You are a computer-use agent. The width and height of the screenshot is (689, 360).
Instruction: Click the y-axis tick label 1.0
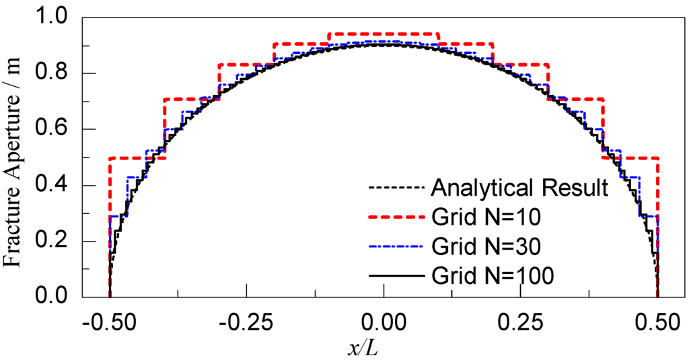(x=58, y=18)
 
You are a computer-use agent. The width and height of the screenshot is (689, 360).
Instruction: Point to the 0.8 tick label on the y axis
(x=58, y=73)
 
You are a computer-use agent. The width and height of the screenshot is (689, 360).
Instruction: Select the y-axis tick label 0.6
(x=58, y=129)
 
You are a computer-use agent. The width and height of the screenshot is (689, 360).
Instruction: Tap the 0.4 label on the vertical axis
(x=58, y=185)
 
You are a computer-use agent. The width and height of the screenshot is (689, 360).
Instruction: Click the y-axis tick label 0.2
(x=58, y=241)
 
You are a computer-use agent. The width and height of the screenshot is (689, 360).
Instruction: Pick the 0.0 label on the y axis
(x=58, y=297)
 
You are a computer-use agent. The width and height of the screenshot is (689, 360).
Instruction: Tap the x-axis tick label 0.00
(x=384, y=323)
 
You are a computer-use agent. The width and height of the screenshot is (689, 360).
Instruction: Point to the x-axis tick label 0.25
(x=520, y=323)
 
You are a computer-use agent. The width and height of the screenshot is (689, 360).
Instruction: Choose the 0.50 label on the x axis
(x=657, y=323)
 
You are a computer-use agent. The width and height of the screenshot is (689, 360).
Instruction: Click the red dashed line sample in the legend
(x=395, y=217)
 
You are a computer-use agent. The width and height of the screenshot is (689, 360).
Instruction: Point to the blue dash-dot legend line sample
(x=395, y=246)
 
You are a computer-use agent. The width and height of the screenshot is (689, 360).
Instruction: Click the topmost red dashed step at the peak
(x=384, y=33)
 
